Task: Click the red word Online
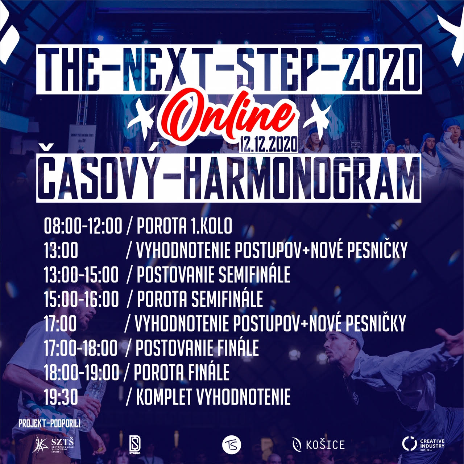point(225,117)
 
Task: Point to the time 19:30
point(61,397)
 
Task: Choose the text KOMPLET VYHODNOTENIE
point(214,397)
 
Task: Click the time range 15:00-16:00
point(82,299)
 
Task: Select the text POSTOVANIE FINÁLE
point(197,348)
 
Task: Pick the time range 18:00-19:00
point(82,372)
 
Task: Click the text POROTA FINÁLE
point(181,372)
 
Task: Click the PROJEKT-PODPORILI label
point(49,424)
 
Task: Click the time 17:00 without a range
point(60,323)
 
